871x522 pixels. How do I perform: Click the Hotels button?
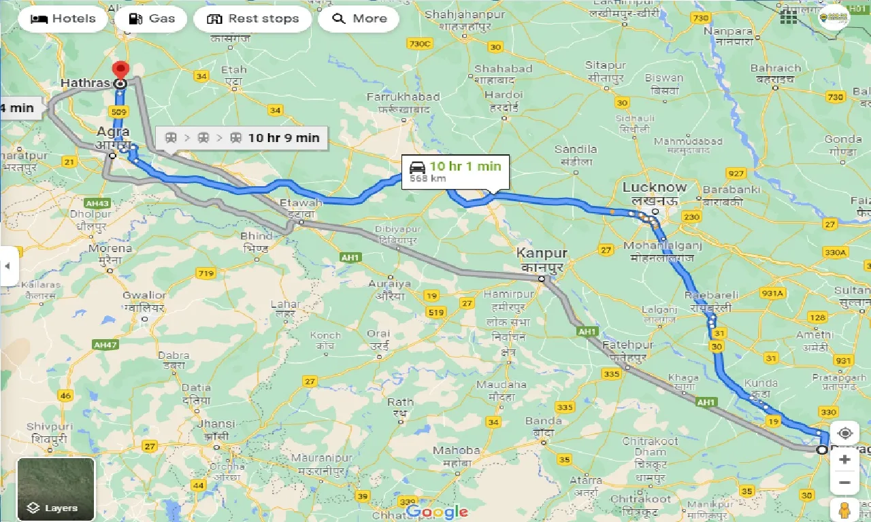63,18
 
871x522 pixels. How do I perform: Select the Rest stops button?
252,18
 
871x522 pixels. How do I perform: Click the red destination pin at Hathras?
120,70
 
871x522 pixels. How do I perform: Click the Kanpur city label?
541,253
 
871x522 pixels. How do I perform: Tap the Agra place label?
113,131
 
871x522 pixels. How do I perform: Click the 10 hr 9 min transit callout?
242,138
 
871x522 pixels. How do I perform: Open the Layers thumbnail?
56,489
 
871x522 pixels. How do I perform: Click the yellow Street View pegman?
844,510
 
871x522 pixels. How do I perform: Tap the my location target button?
844,434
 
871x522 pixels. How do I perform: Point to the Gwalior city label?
144,295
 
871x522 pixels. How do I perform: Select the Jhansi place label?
216,423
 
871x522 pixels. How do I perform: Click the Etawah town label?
306,203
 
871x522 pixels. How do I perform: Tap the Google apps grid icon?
789,18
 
